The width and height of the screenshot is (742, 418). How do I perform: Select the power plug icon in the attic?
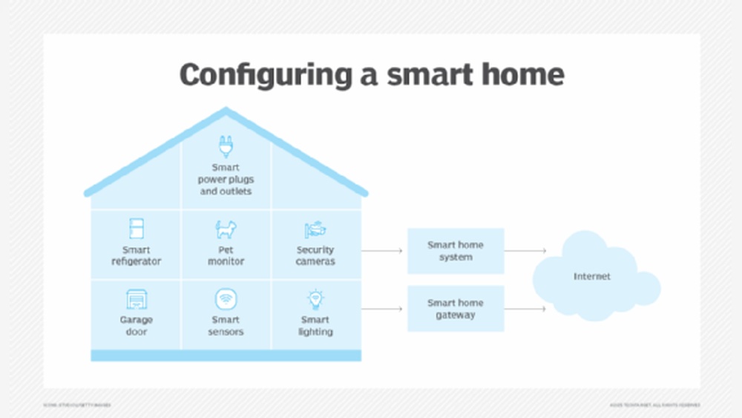pyautogui.click(x=226, y=146)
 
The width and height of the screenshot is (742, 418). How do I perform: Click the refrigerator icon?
pyautogui.click(x=136, y=229)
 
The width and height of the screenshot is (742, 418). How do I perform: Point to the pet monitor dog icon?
pyautogui.click(x=226, y=229)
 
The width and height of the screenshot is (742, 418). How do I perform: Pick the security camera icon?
pyautogui.click(x=315, y=229)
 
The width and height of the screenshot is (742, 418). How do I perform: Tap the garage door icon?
pyautogui.click(x=136, y=299)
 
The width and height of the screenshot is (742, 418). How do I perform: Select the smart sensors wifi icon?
pyautogui.click(x=226, y=300)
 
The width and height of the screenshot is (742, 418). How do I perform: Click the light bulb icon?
pyautogui.click(x=315, y=299)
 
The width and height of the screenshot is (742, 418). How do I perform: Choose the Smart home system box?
pyautogui.click(x=456, y=251)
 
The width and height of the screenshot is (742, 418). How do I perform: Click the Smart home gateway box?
pyautogui.click(x=456, y=309)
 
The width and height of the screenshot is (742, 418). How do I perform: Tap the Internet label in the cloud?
pyautogui.click(x=592, y=276)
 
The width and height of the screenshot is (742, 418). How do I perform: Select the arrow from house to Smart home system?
pyautogui.click(x=382, y=251)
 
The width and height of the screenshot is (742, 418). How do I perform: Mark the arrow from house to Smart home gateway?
pyautogui.click(x=382, y=309)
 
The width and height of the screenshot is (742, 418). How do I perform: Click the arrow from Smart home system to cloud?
pyautogui.click(x=525, y=251)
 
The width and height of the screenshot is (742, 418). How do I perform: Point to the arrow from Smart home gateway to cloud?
pyautogui.click(x=525, y=309)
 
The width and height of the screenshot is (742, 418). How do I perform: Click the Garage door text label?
pyautogui.click(x=136, y=326)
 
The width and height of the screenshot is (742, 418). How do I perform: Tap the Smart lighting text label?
pyautogui.click(x=315, y=326)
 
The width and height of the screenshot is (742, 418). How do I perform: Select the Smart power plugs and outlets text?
pyautogui.click(x=226, y=180)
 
